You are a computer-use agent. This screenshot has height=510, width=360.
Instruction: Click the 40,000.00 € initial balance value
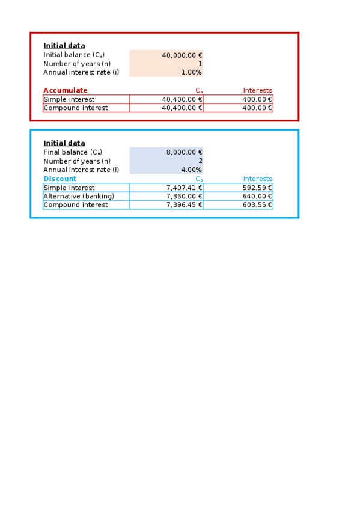click(x=182, y=55)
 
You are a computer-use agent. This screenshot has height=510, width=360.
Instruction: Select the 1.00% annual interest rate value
click(x=191, y=72)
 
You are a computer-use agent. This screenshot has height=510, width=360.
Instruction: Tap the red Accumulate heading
click(x=65, y=90)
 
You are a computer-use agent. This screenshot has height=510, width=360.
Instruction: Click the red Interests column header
click(x=257, y=90)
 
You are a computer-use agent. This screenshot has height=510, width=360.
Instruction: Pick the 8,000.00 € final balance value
click(x=184, y=152)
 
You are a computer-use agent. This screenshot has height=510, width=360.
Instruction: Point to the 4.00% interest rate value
click(x=191, y=170)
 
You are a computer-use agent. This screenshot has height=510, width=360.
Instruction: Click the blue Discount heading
click(x=59, y=179)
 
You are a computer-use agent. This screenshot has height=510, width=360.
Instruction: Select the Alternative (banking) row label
click(x=78, y=196)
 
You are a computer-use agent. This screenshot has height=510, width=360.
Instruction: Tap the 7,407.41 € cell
click(x=184, y=188)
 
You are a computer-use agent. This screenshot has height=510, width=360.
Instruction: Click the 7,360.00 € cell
click(x=184, y=196)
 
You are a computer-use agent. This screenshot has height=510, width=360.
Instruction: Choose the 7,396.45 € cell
click(x=184, y=205)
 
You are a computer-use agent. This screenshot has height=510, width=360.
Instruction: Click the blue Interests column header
click(x=257, y=179)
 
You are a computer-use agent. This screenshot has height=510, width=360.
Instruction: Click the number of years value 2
click(x=200, y=161)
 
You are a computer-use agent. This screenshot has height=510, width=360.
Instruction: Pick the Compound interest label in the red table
click(x=75, y=108)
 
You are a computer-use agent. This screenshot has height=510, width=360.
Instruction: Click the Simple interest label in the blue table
click(x=69, y=188)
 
